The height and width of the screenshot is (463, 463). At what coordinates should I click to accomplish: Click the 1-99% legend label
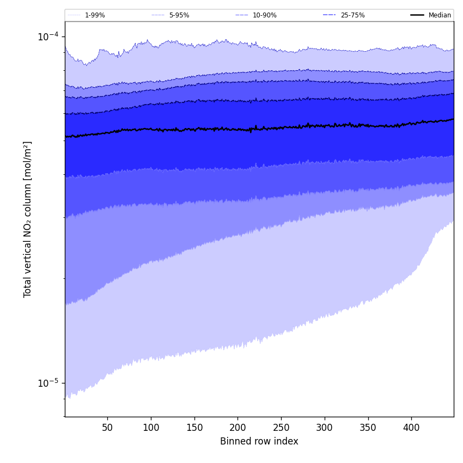tap(95, 15)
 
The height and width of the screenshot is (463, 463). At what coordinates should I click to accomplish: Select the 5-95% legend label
tap(179, 15)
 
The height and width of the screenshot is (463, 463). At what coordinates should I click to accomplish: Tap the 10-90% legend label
tap(264, 15)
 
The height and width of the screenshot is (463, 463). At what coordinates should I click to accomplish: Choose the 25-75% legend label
tap(352, 15)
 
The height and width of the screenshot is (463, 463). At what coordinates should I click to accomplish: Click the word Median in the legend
tap(440, 15)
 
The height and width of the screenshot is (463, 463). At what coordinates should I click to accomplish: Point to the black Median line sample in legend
tap(417, 15)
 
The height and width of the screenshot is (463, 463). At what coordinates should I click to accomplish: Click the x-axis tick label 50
tap(107, 428)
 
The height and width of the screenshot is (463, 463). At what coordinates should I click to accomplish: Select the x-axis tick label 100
tap(151, 428)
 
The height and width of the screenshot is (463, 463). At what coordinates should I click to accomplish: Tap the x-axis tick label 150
tap(194, 428)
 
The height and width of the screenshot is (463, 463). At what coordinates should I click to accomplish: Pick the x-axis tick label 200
tap(237, 428)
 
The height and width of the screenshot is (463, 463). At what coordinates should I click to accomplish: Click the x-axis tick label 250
tap(281, 428)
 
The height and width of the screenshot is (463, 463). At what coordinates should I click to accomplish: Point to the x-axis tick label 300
tap(325, 428)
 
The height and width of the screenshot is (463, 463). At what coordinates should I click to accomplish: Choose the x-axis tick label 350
tap(368, 428)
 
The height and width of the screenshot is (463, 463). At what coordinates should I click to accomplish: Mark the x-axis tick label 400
tap(411, 428)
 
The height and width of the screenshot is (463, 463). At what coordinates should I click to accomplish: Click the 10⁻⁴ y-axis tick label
tap(48, 36)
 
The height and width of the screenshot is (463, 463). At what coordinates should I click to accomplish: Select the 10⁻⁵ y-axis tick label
tap(48, 382)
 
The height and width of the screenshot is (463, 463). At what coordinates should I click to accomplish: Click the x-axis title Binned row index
tap(259, 441)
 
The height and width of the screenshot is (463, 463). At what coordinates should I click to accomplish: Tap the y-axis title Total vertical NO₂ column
tap(28, 219)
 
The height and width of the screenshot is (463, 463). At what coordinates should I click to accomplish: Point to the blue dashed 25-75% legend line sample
tap(330, 15)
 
